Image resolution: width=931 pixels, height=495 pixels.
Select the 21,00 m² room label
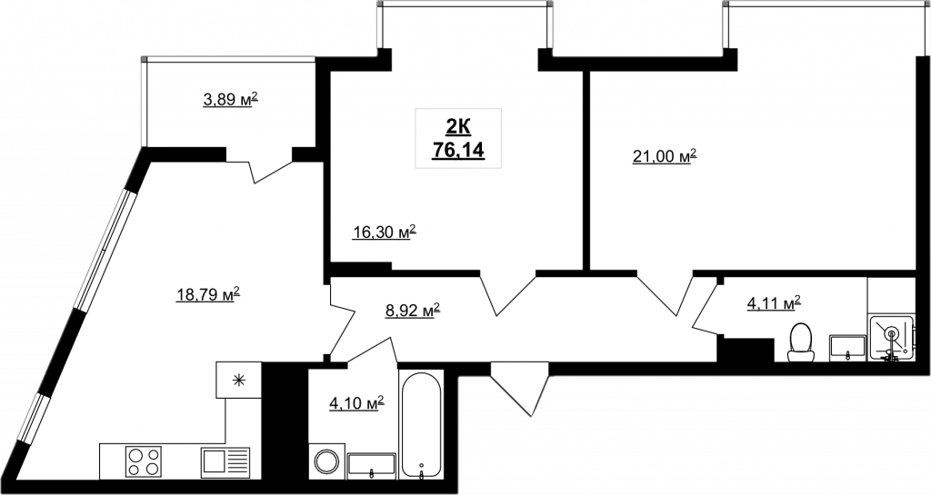tap(664, 156)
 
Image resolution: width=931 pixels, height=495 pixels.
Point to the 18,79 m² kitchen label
tap(208, 293)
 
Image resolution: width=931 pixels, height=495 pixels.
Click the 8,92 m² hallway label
tap(413, 310)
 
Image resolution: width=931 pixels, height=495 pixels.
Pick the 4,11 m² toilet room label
tap(774, 303)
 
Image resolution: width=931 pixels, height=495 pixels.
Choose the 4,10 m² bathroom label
tap(356, 403)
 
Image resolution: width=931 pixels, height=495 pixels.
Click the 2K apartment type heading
tap(458, 126)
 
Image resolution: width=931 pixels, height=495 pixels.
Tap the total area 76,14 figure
tap(458, 150)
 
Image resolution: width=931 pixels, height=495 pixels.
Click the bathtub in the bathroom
tap(421, 424)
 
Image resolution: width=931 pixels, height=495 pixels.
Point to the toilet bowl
tap(801, 342)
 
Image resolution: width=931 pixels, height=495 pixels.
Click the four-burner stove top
tap(144, 461)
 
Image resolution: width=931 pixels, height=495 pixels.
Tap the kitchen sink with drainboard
tap(225, 461)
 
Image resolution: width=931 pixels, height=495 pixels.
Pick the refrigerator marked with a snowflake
tap(239, 380)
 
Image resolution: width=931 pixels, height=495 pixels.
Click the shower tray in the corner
tap(892, 337)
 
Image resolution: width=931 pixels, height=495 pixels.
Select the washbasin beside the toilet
tap(849, 347)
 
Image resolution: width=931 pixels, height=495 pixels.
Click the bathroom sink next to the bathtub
tap(372, 466)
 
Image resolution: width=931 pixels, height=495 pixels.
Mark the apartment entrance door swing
tap(521, 389)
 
